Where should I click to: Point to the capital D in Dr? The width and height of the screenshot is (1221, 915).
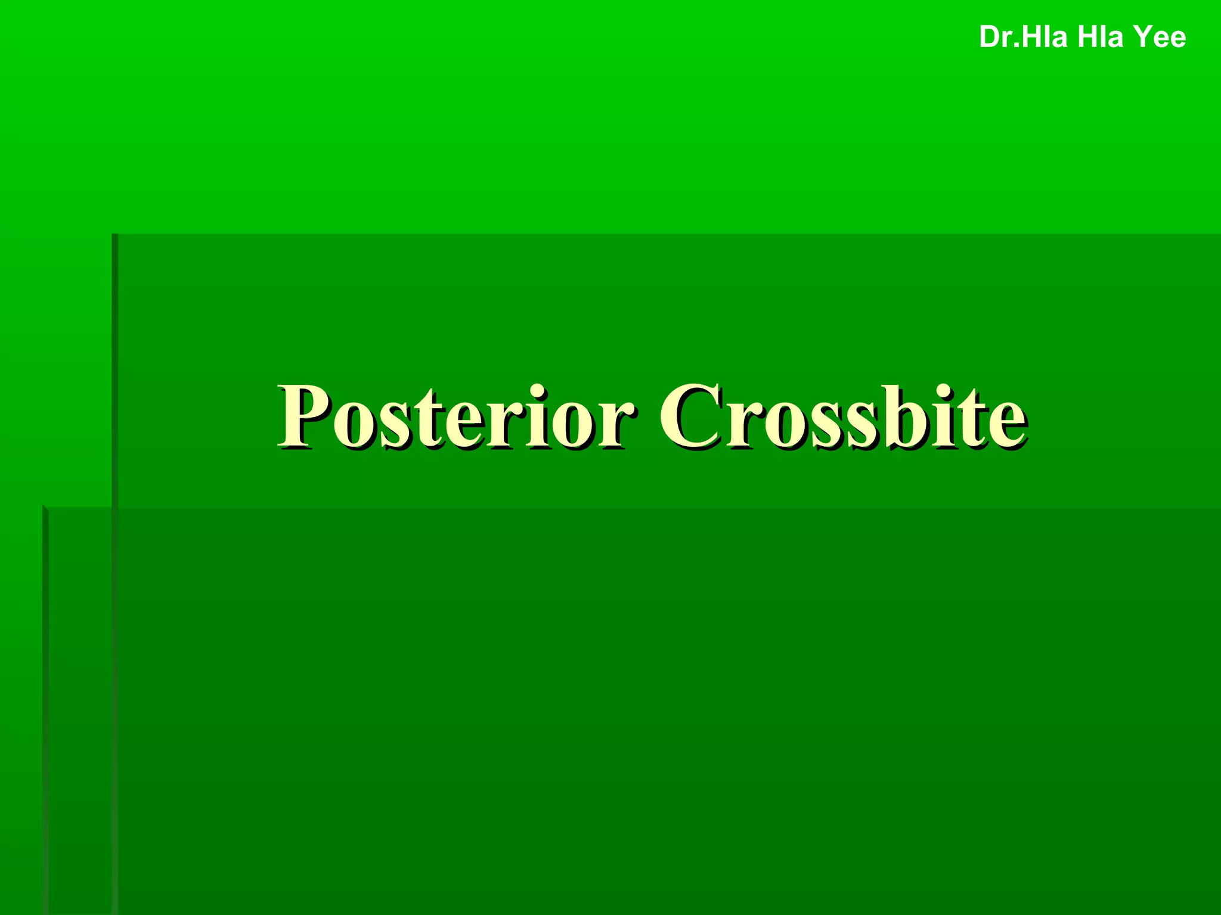click(x=990, y=37)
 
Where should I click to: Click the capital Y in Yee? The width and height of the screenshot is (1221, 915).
click(x=1143, y=37)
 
